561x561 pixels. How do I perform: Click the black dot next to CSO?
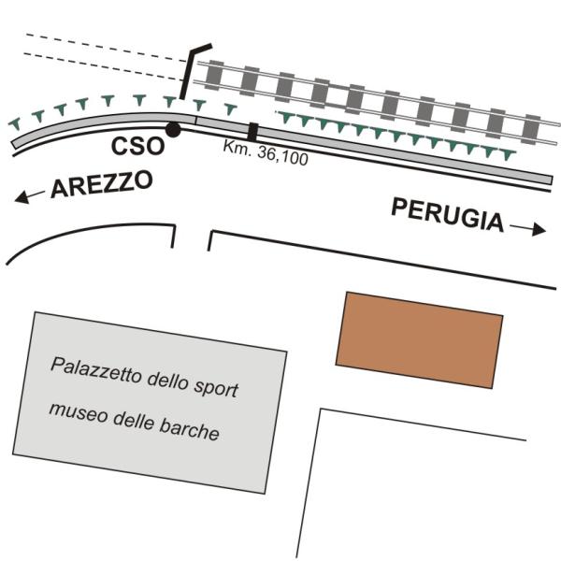pyautogui.click(x=174, y=130)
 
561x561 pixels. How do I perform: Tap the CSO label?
pyautogui.click(x=137, y=147)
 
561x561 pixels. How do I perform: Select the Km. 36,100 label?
pyautogui.click(x=266, y=152)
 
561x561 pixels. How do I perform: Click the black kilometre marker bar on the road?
pyautogui.click(x=253, y=132)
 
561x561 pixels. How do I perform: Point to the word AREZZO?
pyautogui.click(x=102, y=184)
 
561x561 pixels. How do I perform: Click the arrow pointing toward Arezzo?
pyautogui.click(x=29, y=196)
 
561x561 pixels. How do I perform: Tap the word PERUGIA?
pyautogui.click(x=448, y=215)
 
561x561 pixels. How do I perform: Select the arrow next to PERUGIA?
pyautogui.click(x=527, y=228)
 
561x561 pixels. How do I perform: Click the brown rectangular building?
pyautogui.click(x=419, y=340)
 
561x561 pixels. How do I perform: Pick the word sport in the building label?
pyautogui.click(x=216, y=387)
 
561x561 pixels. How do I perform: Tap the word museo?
pyautogui.click(x=78, y=413)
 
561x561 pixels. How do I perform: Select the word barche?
pyautogui.click(x=189, y=428)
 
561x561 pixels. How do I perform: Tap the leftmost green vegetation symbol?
pyautogui.click(x=15, y=123)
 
